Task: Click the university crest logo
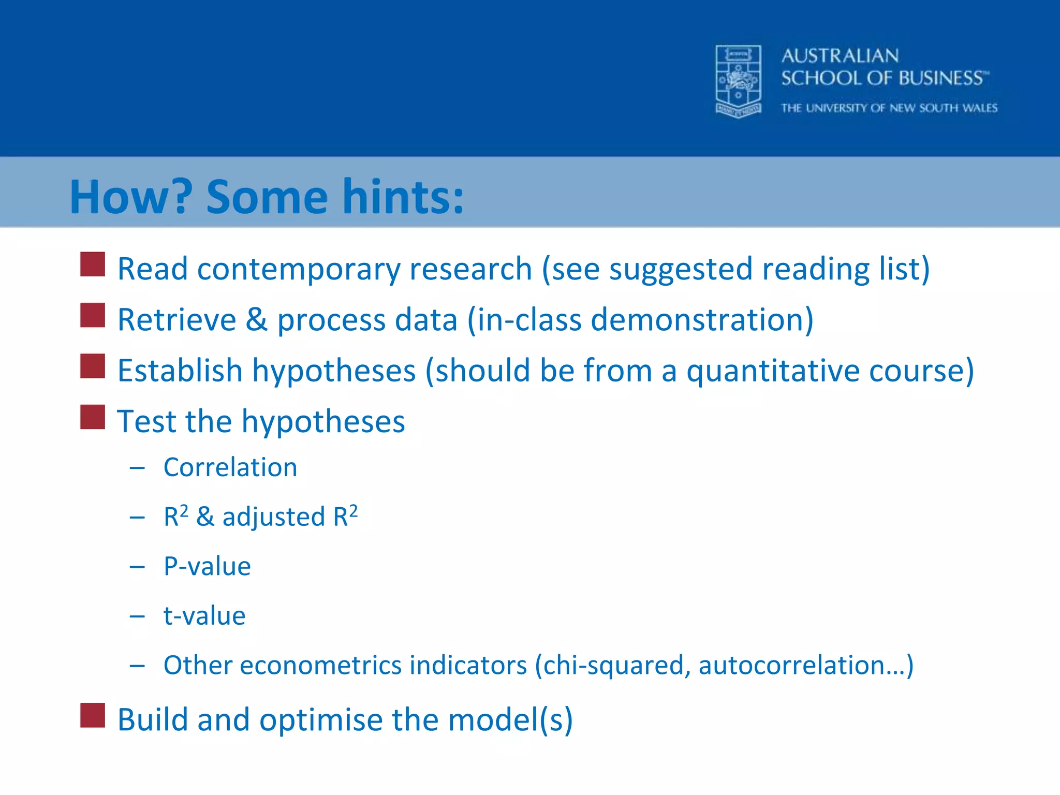[x=738, y=81]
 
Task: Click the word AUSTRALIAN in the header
[x=840, y=56]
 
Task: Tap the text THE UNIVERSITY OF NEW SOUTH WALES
[x=889, y=108]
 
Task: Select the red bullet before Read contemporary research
[x=93, y=264]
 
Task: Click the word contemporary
[x=299, y=270]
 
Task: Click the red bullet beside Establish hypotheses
[x=93, y=366]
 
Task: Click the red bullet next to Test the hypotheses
[x=93, y=417]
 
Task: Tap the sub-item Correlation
[x=230, y=467]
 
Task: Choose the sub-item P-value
[x=207, y=566]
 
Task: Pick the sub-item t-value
[x=204, y=616]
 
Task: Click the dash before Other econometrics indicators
[x=137, y=666]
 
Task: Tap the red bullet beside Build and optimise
[x=93, y=715]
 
